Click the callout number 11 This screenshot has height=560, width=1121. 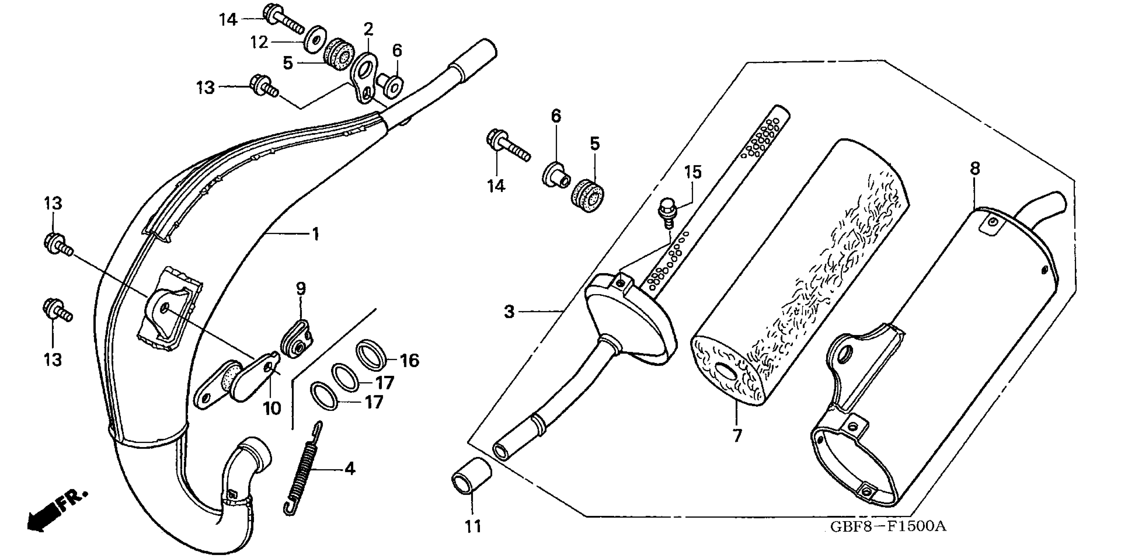click(473, 526)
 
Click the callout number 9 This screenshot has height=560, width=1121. click(301, 288)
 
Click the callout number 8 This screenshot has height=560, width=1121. click(975, 168)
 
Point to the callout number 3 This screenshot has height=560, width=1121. click(509, 312)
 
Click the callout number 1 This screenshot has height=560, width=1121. click(316, 234)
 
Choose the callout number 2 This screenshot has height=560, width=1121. click(368, 30)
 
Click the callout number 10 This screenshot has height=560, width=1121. click(272, 408)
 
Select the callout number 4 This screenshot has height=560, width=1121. click(350, 469)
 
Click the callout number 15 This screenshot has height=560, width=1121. click(693, 172)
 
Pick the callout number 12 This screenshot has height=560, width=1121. click(259, 42)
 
